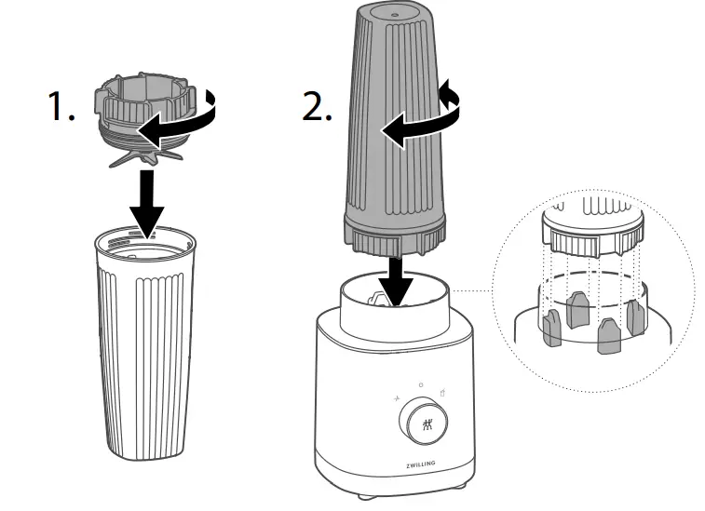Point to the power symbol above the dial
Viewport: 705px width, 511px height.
click(420, 383)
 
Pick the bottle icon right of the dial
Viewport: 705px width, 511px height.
click(444, 396)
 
